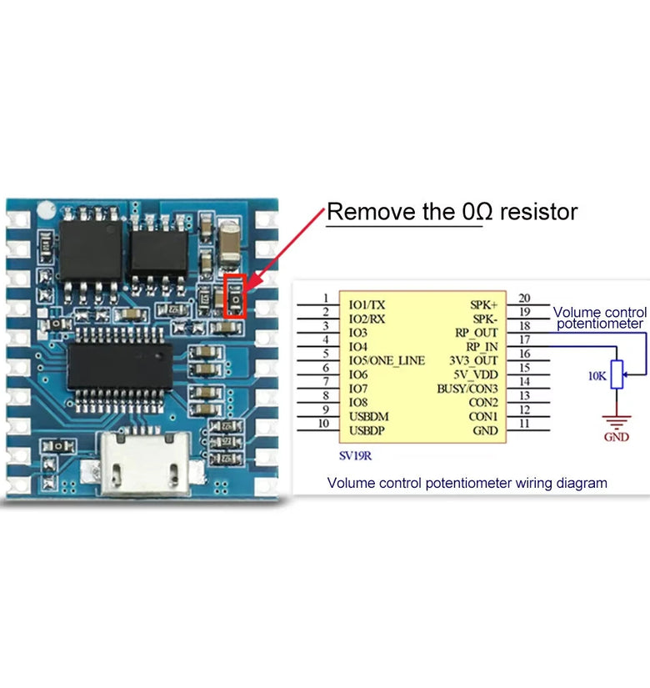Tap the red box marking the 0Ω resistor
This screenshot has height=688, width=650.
pos(236,297)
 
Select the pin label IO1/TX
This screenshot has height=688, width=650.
pos(367,304)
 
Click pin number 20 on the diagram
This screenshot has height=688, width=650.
pos(524,298)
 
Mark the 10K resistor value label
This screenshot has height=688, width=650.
pos(597,376)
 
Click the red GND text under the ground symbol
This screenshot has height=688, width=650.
pos(617,437)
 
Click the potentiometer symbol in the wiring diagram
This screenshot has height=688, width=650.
pos(617,375)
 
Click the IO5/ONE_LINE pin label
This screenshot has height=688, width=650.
pos(387,360)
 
